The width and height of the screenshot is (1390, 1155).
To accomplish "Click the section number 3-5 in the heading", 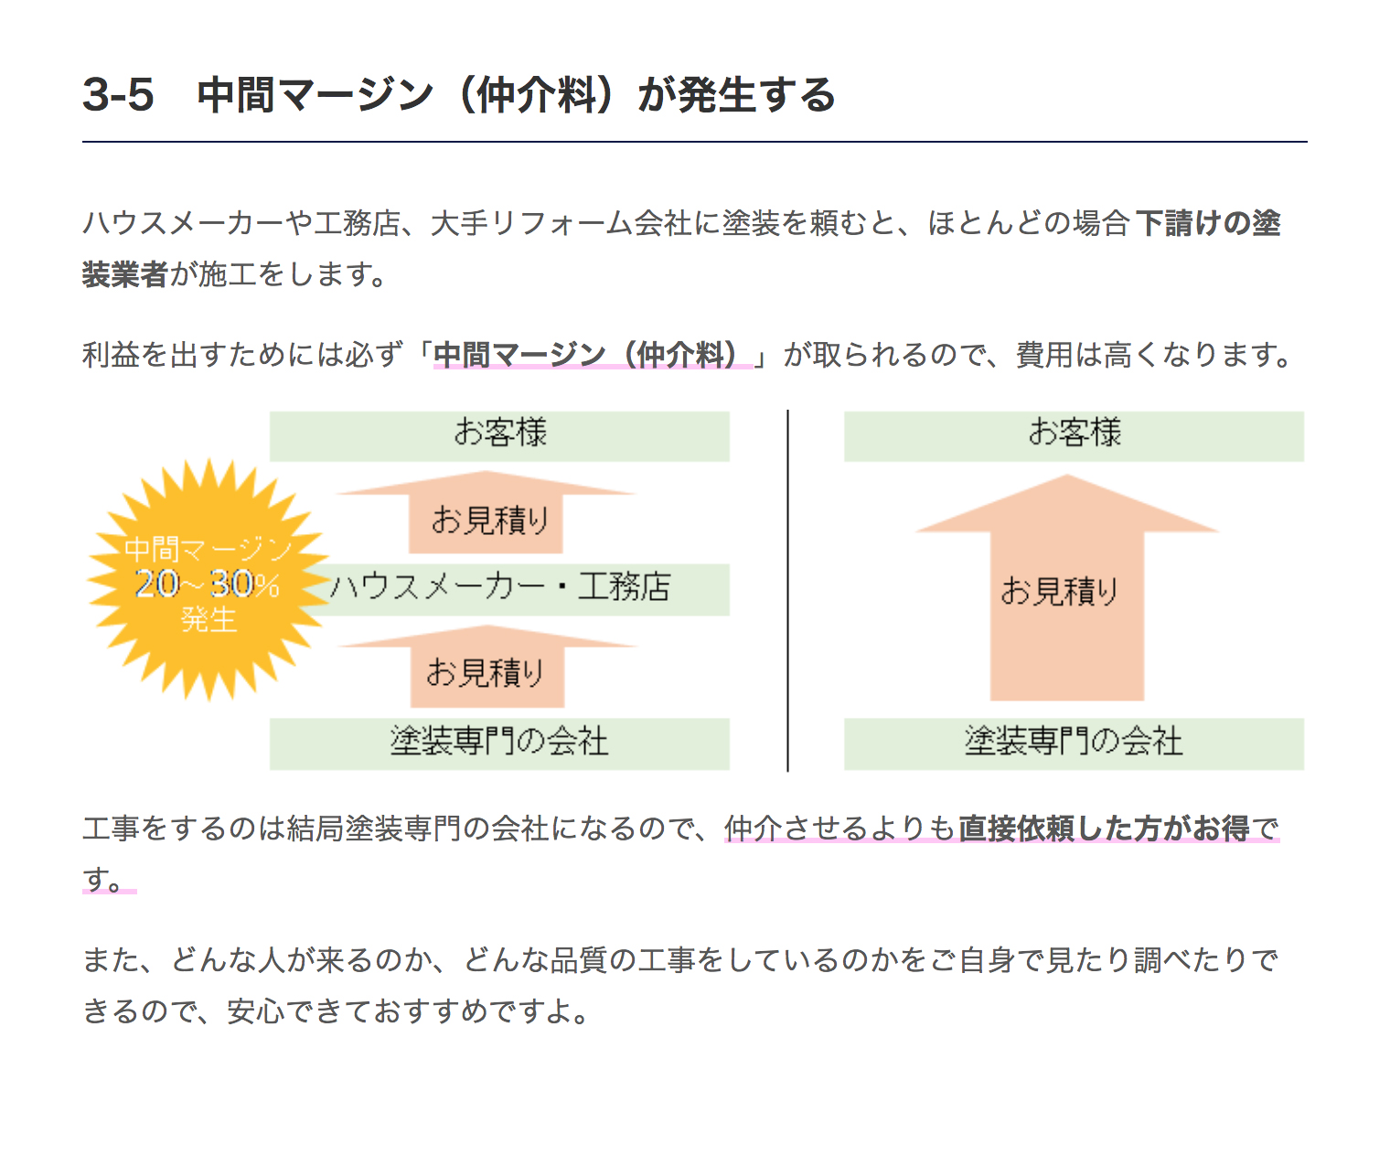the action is [118, 94].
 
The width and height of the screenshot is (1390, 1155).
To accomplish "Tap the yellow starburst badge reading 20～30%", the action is [208, 580].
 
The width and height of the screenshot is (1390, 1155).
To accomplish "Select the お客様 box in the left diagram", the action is [499, 436].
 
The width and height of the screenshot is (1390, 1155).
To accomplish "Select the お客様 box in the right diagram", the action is [1074, 436].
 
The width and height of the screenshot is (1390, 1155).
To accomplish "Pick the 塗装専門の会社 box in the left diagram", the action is [499, 744].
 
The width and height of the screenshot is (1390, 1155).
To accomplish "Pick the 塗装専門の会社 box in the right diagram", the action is [1074, 744].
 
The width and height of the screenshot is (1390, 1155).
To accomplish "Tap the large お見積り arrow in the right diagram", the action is [1067, 589].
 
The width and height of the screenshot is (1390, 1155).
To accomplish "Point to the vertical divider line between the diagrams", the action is [787, 591].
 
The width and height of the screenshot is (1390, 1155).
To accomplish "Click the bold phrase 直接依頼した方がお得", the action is [1104, 829].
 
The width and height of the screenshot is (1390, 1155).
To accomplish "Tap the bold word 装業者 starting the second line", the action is [125, 273].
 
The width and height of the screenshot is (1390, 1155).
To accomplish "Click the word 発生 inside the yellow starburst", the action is [208, 620].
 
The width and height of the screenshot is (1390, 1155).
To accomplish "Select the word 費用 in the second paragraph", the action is [1044, 354].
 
